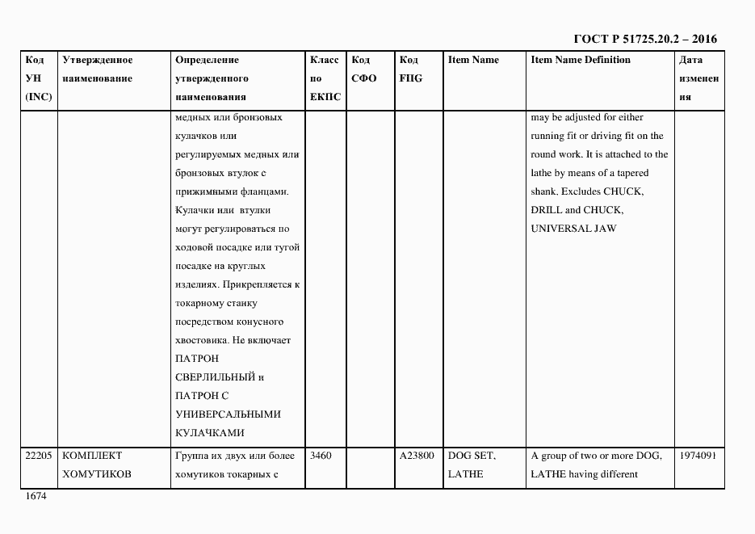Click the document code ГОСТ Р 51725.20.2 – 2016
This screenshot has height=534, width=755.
click(x=644, y=39)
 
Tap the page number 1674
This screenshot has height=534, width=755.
click(x=36, y=496)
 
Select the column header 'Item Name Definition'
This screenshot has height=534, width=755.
click(x=581, y=60)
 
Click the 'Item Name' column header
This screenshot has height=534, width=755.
click(x=473, y=60)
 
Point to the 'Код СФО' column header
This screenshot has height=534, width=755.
click(x=364, y=69)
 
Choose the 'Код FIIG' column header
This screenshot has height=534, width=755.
click(x=410, y=69)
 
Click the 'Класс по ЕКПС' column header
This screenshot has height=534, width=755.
click(x=325, y=78)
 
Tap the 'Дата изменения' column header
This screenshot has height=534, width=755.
click(x=698, y=78)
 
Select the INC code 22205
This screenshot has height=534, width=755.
click(x=39, y=456)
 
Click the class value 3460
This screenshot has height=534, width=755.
click(x=321, y=456)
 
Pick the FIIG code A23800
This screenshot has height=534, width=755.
click(x=417, y=456)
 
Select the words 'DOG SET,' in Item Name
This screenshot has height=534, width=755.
click(x=472, y=456)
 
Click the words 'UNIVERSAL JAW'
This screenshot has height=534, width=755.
click(x=573, y=229)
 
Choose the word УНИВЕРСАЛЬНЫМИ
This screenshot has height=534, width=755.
click(x=228, y=414)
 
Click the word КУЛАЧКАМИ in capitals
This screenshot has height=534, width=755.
click(x=210, y=433)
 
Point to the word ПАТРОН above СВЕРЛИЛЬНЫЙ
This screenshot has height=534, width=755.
click(x=196, y=359)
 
